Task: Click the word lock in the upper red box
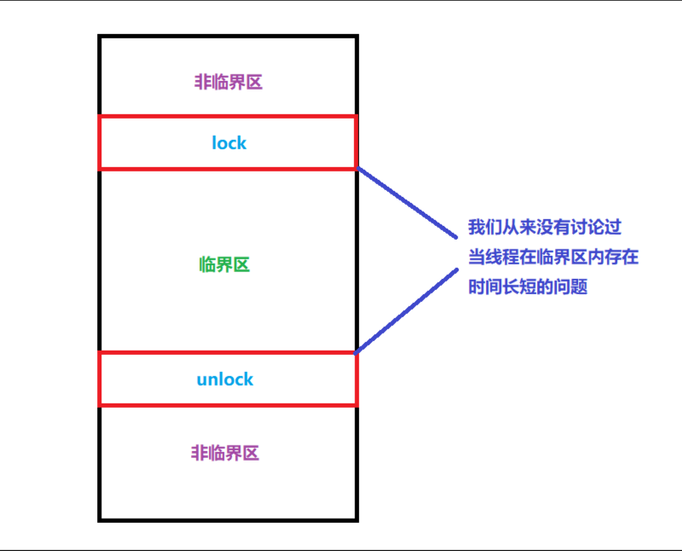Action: [228, 142]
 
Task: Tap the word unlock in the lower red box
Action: [225, 379]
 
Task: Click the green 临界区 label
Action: [224, 264]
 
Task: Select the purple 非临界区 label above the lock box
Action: [228, 82]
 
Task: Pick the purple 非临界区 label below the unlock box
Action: [225, 453]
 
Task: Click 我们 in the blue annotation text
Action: [485, 228]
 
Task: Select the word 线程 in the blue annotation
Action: [502, 258]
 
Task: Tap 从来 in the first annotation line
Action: [519, 228]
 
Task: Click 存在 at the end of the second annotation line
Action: [621, 258]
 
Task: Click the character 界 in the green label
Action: [224, 264]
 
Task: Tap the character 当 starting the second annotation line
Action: [477, 258]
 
